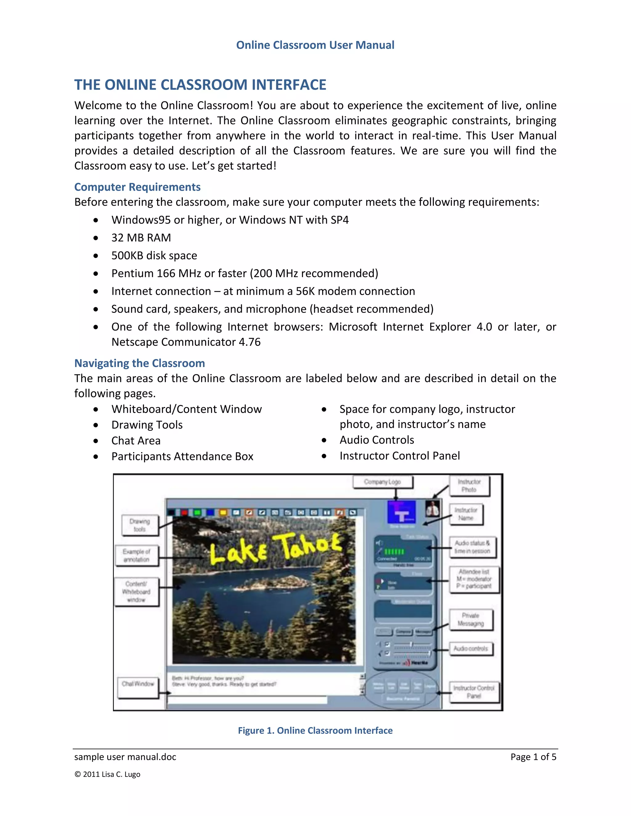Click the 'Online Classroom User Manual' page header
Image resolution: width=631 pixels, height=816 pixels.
(315, 45)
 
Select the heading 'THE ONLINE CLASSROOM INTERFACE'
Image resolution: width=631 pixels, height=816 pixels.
(200, 85)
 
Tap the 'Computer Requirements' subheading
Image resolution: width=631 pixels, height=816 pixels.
(137, 187)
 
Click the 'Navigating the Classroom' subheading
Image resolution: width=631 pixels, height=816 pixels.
(140, 363)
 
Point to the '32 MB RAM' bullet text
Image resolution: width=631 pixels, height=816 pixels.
(141, 238)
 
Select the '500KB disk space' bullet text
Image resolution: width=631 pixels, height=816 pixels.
(154, 256)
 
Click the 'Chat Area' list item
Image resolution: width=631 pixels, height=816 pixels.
(136, 441)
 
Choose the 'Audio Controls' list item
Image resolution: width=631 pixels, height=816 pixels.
(377, 440)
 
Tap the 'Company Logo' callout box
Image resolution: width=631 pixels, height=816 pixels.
(382, 482)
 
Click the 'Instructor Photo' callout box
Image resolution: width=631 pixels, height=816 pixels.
(469, 486)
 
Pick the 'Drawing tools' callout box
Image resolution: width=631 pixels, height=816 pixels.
(140, 525)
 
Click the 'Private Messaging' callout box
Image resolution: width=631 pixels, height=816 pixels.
(471, 620)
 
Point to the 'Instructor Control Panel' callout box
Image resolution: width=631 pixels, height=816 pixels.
(474, 692)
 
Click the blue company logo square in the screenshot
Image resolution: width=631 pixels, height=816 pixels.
(401, 512)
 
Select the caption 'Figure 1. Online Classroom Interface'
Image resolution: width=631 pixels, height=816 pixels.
(315, 730)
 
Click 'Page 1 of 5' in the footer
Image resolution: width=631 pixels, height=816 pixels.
(533, 757)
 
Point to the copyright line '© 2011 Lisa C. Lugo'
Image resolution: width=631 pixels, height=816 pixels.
(107, 774)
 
